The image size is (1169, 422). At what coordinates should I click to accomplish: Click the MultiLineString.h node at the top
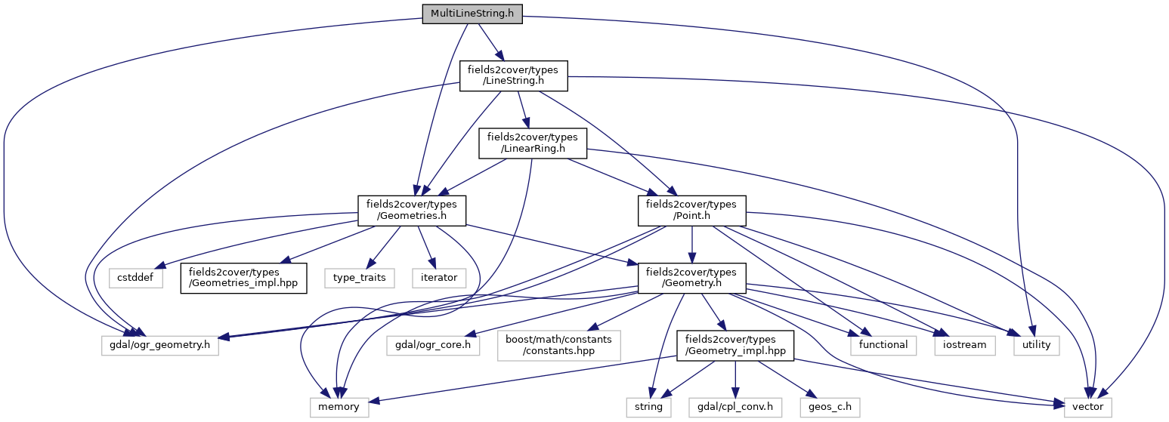tap(472, 14)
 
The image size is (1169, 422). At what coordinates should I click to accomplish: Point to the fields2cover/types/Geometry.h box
tap(691, 277)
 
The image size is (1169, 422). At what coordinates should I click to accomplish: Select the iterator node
tap(439, 277)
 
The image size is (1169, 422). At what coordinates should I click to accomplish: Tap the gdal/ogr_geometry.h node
tap(160, 344)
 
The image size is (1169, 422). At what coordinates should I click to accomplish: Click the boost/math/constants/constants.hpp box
tap(558, 344)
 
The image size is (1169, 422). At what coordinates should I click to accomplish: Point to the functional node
tap(883, 344)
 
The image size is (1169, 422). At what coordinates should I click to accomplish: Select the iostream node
tap(963, 344)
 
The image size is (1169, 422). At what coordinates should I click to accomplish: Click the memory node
tap(340, 406)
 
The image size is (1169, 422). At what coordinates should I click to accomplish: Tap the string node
tap(648, 406)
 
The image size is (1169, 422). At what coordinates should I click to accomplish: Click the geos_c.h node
tap(830, 406)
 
